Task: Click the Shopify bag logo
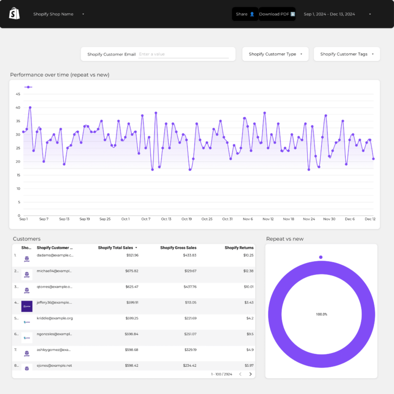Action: tap(14, 14)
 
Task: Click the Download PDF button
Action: tap(277, 14)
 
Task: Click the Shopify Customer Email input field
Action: tap(183, 54)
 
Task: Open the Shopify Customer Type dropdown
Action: tap(275, 54)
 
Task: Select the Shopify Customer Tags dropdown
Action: tap(347, 54)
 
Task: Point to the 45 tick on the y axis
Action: tap(18, 94)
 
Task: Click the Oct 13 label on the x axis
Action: tap(166, 219)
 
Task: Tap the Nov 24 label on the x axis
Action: tap(309, 219)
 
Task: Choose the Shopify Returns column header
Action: tap(239, 248)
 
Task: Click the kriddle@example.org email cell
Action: tap(55, 318)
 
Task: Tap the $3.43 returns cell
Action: tap(249, 303)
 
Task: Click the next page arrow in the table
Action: tap(250, 374)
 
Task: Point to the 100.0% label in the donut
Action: tap(321, 314)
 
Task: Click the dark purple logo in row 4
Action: tap(27, 306)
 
